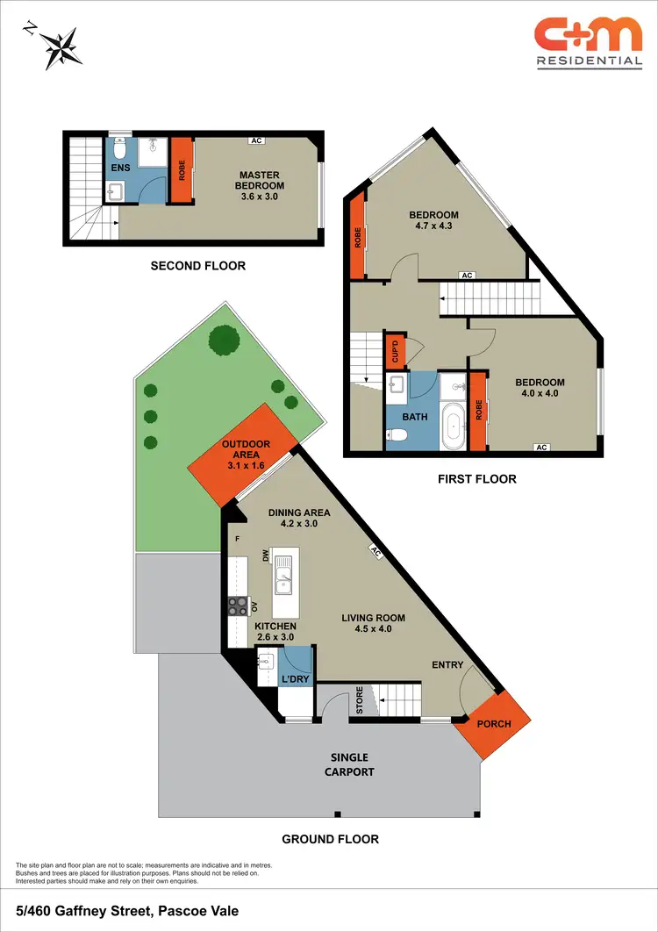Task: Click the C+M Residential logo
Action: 589,43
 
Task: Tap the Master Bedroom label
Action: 259,179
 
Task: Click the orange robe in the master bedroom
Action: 182,169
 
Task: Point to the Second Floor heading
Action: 197,266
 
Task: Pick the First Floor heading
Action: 476,479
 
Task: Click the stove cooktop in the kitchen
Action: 238,605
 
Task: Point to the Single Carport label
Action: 349,764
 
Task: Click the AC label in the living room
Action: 375,553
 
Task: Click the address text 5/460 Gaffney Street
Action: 127,912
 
